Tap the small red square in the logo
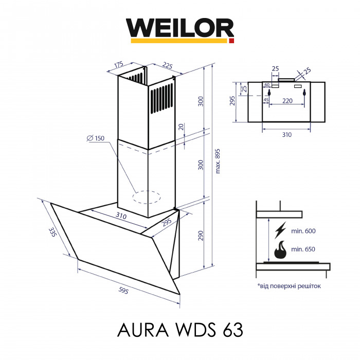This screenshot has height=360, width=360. (231, 40)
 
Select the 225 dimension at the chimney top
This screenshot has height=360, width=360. (167, 65)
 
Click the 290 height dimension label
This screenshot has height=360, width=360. (201, 236)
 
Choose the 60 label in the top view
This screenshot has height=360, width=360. (267, 85)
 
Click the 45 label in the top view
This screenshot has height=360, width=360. (266, 100)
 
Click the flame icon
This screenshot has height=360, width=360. (280, 251)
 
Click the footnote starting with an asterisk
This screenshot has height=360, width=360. (289, 285)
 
